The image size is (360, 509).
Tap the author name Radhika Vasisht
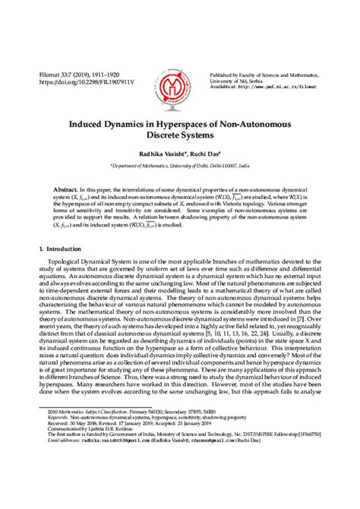coord(158,152)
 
